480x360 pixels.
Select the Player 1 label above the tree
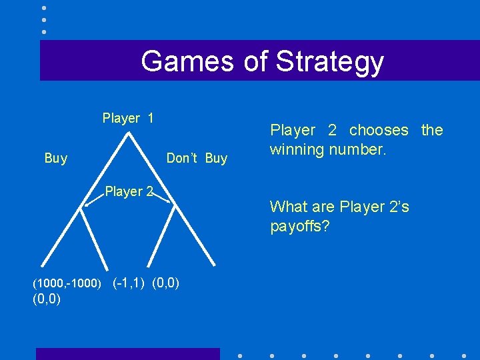click(x=128, y=119)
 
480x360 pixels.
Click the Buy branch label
click(x=55, y=158)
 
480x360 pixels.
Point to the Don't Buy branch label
click(x=197, y=158)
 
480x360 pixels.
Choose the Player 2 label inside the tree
click(x=129, y=192)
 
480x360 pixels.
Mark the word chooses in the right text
click(x=379, y=130)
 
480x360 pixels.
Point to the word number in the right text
click(x=361, y=149)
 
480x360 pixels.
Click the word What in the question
click(x=289, y=207)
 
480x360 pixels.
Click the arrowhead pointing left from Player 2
click(x=85, y=205)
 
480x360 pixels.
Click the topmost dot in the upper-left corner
click(x=44, y=8)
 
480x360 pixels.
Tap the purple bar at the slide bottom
click(x=127, y=353)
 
